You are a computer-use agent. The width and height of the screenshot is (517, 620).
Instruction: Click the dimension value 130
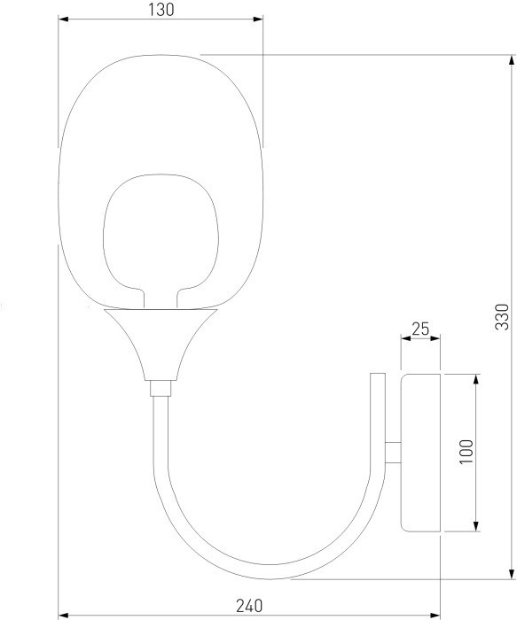tap(161, 10)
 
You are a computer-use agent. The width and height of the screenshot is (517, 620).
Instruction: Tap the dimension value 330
tap(503, 316)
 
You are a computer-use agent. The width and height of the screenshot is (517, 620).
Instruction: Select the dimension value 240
tap(249, 606)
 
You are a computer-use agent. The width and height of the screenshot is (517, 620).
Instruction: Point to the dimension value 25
tap(421, 329)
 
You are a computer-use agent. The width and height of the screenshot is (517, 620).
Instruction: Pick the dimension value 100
tap(467, 453)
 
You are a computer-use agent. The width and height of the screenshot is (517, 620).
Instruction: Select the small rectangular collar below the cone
tap(160, 387)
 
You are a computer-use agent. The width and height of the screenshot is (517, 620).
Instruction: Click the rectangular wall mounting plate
tap(421, 453)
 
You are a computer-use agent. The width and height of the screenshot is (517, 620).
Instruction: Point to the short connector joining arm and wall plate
tap(393, 451)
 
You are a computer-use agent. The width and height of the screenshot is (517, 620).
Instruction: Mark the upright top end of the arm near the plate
tap(378, 383)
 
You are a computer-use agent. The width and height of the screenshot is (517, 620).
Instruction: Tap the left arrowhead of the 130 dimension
tap(63, 19)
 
